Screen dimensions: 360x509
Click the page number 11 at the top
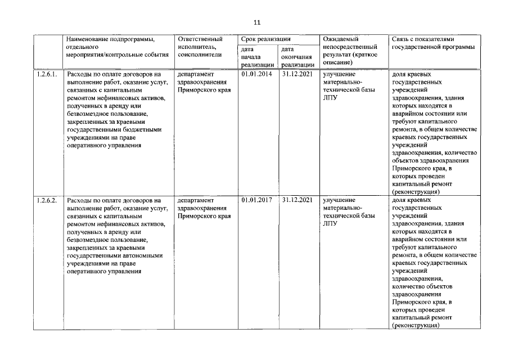(x=257, y=22)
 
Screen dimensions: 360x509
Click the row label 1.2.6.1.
(x=47, y=74)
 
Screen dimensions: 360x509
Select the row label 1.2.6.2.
(x=47, y=200)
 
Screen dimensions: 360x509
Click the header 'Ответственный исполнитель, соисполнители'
(x=200, y=47)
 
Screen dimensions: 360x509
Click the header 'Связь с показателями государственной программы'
(x=432, y=43)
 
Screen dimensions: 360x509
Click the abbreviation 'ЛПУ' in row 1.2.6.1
(x=330, y=98)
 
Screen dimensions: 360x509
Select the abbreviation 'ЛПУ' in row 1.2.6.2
(x=330, y=224)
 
